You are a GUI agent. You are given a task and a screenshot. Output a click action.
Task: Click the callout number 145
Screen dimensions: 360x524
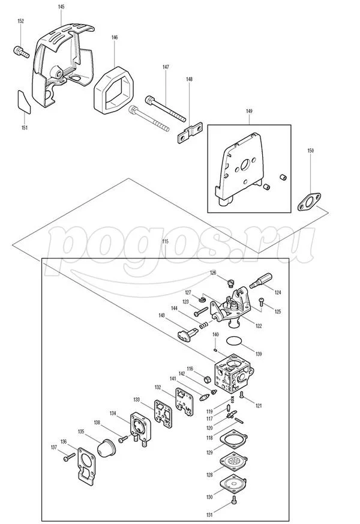(61, 7)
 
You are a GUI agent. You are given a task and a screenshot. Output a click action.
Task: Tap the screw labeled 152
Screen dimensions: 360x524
(21, 52)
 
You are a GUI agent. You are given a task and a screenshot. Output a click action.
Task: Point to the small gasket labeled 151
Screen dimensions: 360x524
(24, 101)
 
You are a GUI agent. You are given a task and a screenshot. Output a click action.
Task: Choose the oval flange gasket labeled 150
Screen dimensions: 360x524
(310, 202)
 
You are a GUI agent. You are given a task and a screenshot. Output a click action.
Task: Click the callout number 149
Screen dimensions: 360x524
(249, 111)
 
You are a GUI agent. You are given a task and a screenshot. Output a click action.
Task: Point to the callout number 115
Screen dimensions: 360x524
(166, 241)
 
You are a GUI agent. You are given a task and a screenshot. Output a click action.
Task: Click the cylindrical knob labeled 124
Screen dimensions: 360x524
(261, 280)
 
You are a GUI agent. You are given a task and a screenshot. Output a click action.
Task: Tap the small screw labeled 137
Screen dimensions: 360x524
(70, 457)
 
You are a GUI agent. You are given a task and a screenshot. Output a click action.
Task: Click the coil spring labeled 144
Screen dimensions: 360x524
(205, 325)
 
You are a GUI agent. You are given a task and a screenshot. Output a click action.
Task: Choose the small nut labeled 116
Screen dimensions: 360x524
(208, 379)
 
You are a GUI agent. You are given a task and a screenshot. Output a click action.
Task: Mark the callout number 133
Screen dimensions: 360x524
(137, 400)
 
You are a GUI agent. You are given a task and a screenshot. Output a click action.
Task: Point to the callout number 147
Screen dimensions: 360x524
(166, 67)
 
